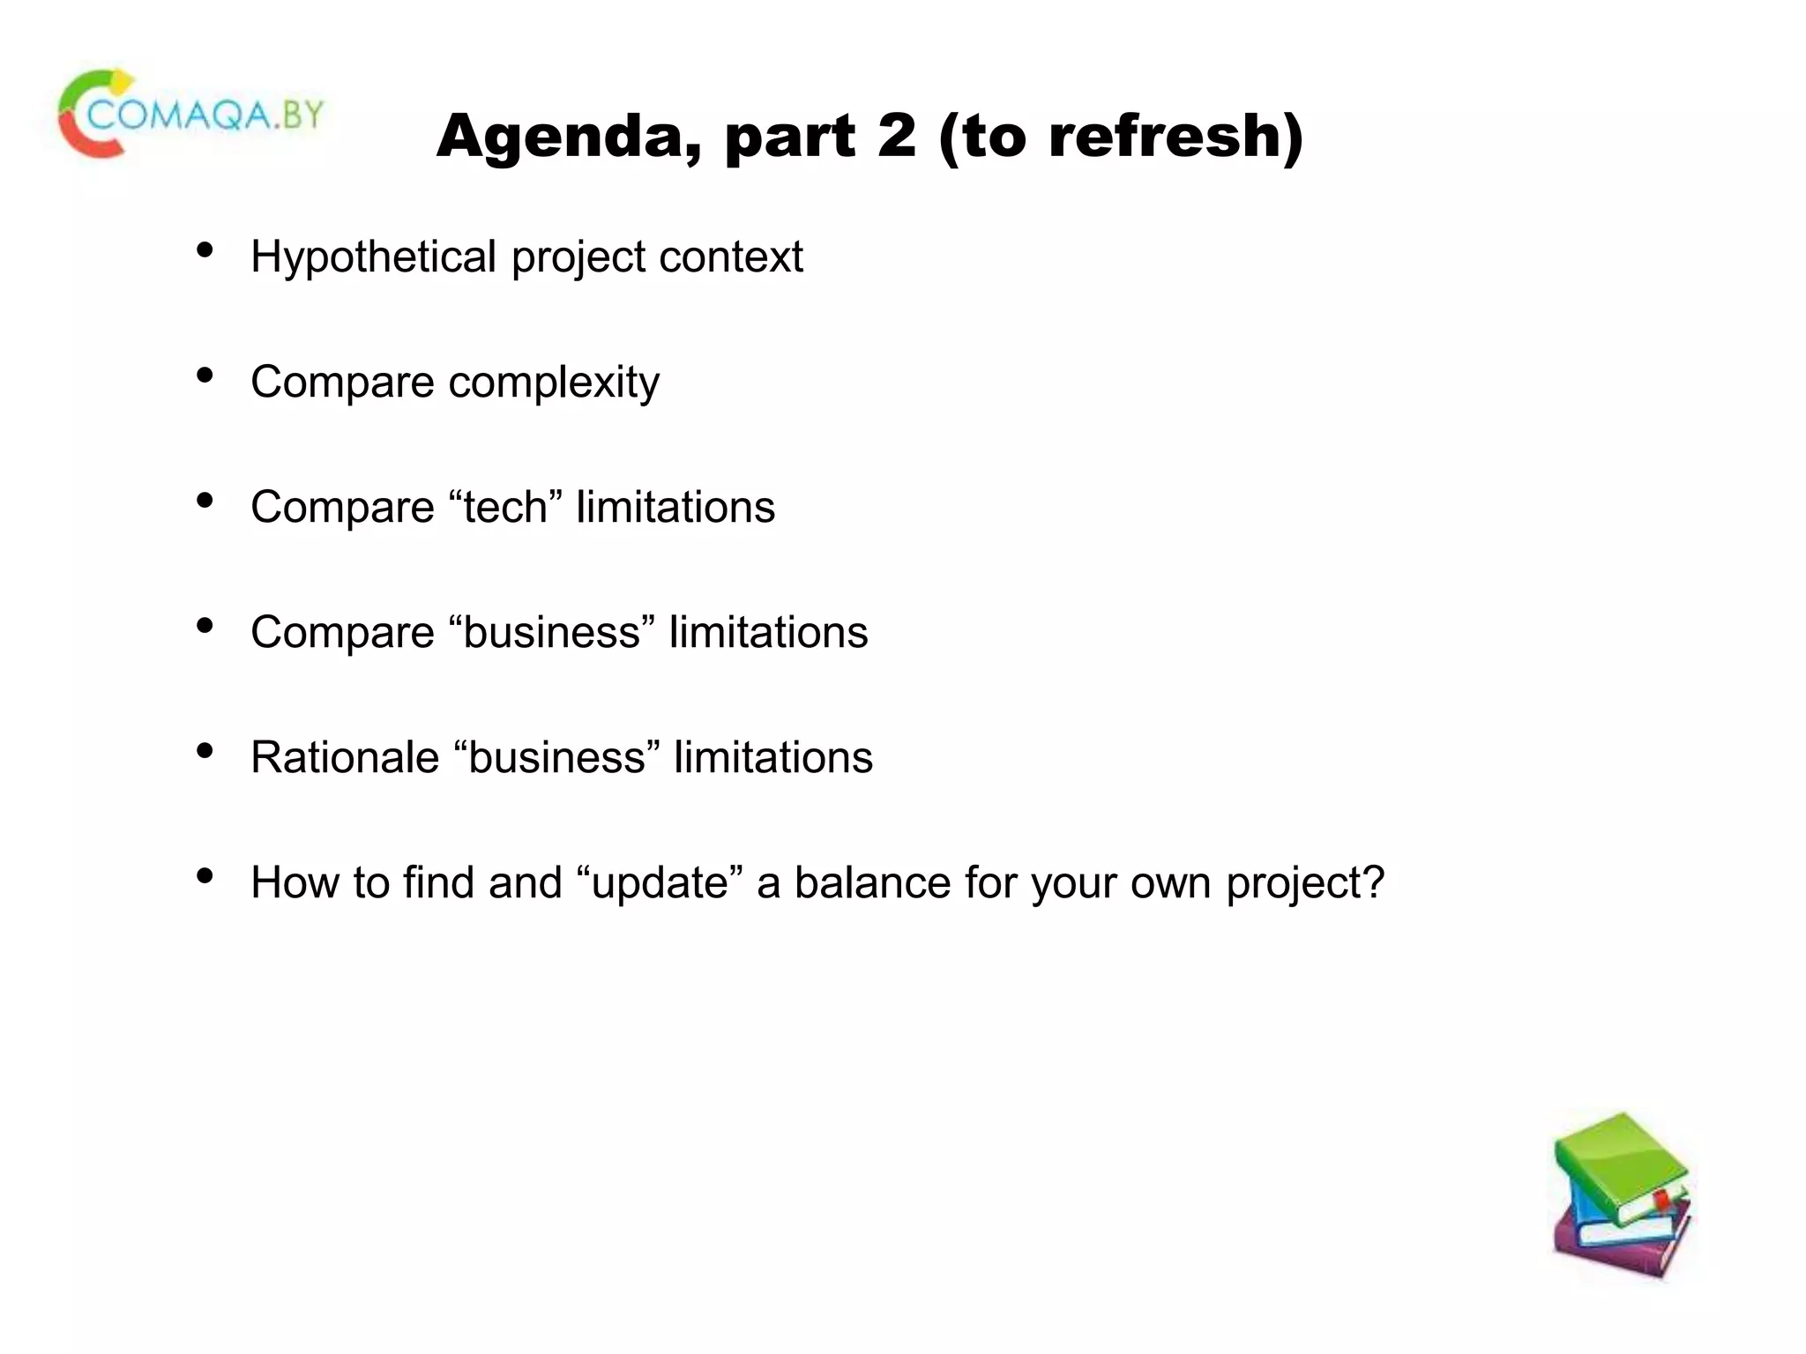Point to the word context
click(x=731, y=257)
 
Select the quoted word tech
click(x=505, y=508)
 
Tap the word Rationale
click(x=345, y=758)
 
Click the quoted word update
click(x=660, y=884)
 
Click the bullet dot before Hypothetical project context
click(x=205, y=250)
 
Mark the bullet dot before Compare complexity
click(x=205, y=376)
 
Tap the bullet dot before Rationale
click(x=205, y=751)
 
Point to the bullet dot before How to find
click(x=205, y=876)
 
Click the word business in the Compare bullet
click(x=552, y=633)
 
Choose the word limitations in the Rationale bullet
click(x=773, y=758)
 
